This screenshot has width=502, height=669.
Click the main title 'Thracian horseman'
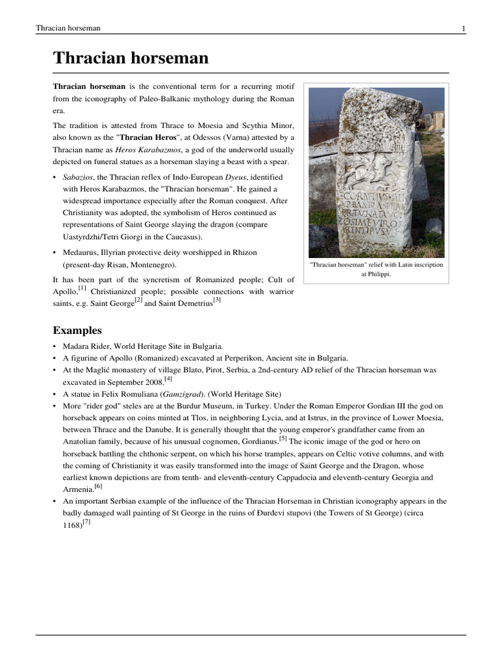tap(131, 58)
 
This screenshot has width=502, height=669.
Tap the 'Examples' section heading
tap(77, 331)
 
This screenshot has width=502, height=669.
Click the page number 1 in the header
tap(463, 29)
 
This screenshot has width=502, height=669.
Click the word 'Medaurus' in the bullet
tap(81, 252)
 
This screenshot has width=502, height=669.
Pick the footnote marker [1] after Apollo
tap(82, 288)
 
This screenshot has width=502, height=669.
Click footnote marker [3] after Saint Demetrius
tap(217, 301)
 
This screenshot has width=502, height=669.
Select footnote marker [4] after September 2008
tap(168, 378)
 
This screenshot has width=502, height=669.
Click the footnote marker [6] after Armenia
tap(98, 487)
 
